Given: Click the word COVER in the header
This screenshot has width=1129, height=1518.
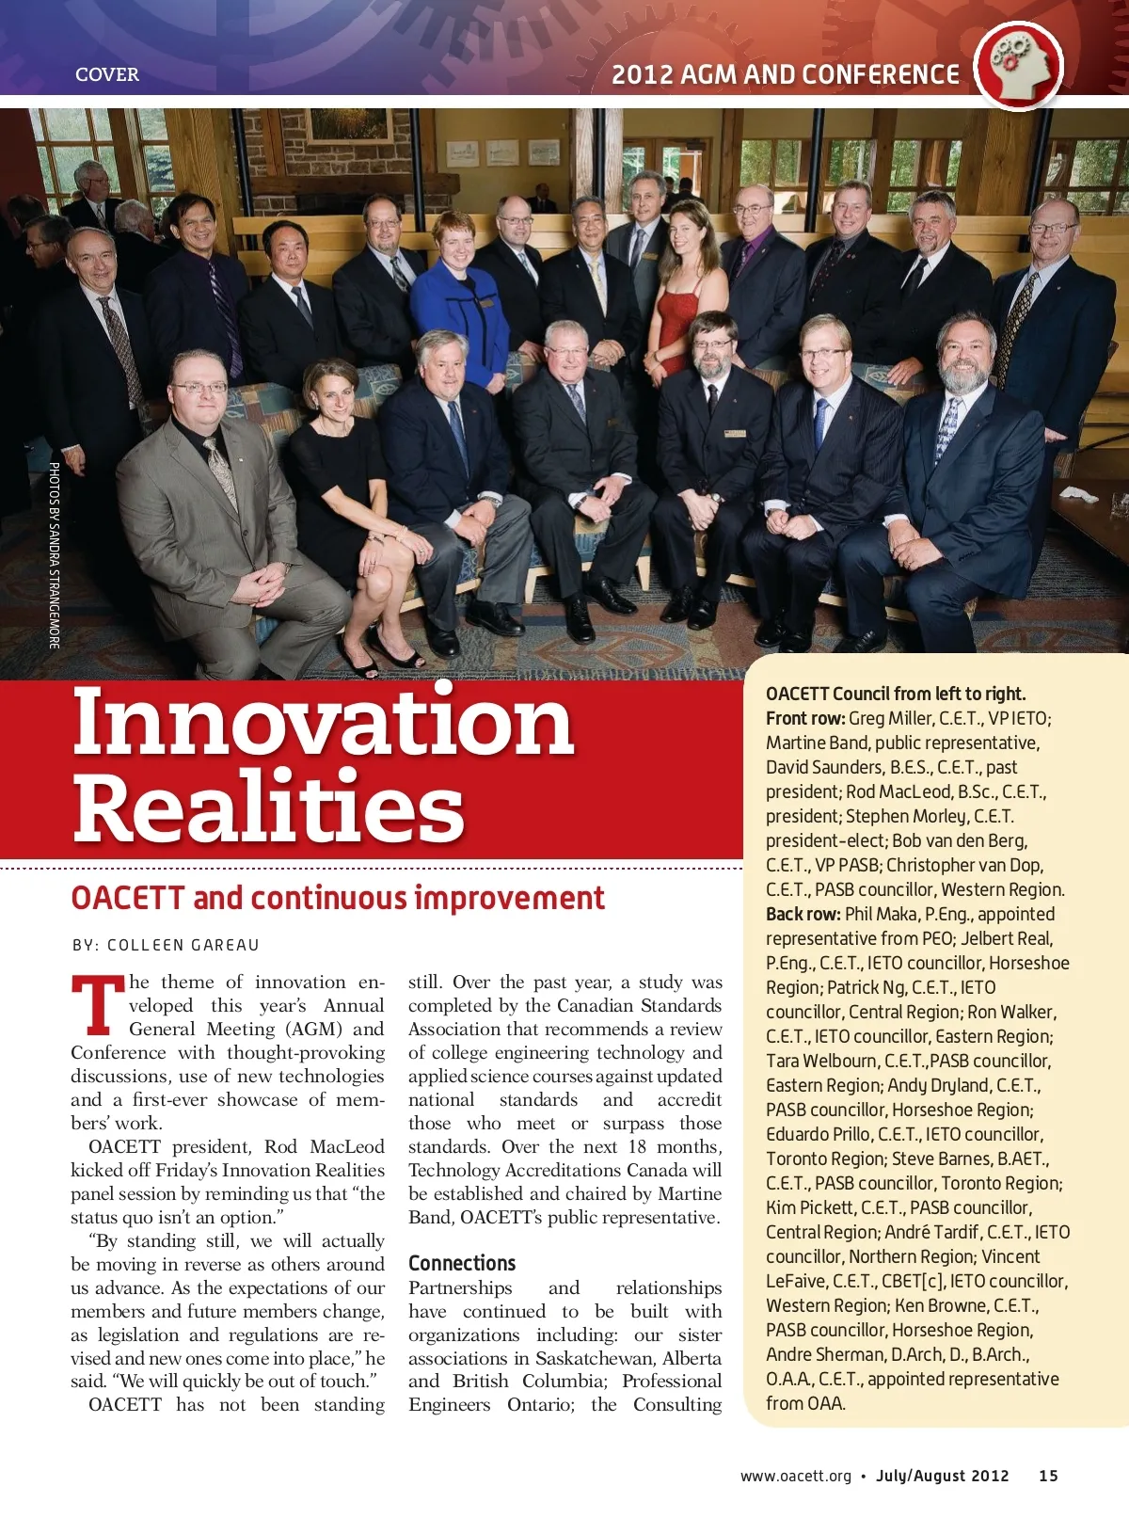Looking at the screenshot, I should [106, 74].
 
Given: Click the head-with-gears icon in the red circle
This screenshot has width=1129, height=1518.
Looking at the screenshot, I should [1017, 66].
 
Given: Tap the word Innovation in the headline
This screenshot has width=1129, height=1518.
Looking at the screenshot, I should [323, 721].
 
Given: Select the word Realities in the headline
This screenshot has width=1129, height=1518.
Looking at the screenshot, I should [268, 807].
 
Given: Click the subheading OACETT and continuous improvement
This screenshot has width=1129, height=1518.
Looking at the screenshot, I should [338, 898].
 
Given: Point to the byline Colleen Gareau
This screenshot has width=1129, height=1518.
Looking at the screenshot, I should [166, 945].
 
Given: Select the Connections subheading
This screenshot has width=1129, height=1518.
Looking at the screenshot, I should [462, 1263].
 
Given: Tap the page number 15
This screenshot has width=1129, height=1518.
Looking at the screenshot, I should [1048, 1476].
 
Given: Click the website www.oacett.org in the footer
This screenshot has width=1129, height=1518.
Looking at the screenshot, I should [795, 1476].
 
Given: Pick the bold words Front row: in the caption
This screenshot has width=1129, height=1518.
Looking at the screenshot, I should [805, 718].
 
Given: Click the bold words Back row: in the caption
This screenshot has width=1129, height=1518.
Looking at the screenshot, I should [803, 914].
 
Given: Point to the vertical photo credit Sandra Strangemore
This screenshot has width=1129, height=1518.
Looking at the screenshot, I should [55, 555].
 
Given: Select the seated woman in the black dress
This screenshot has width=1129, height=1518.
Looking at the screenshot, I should [350, 471].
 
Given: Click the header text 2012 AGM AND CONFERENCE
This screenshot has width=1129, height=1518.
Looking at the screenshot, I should [786, 74].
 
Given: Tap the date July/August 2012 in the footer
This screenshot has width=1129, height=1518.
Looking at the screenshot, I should [942, 1476].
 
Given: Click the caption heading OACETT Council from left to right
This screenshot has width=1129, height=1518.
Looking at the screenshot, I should [896, 694].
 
